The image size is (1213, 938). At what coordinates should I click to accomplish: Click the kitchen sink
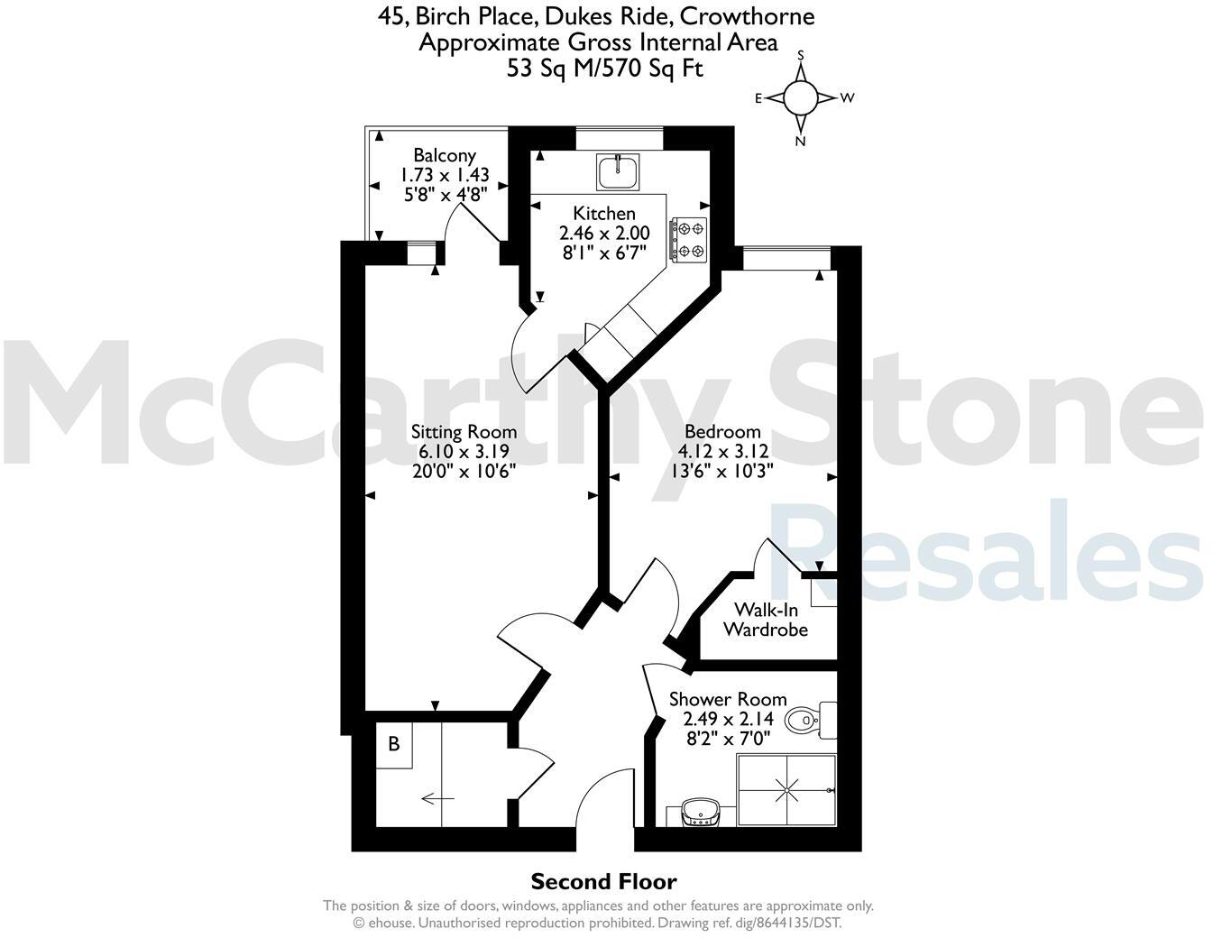point(618,171)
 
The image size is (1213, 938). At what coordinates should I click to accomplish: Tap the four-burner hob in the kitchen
point(688,240)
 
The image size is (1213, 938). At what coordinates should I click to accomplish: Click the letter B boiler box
point(394,745)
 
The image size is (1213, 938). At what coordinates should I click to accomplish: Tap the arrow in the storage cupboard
point(437,797)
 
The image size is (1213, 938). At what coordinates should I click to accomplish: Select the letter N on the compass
point(800,141)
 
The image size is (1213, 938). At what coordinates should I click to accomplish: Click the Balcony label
point(445,155)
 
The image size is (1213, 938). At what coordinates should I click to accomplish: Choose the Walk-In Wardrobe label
point(766,620)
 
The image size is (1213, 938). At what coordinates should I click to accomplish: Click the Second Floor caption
point(603,881)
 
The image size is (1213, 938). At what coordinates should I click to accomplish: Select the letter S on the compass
point(800,55)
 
